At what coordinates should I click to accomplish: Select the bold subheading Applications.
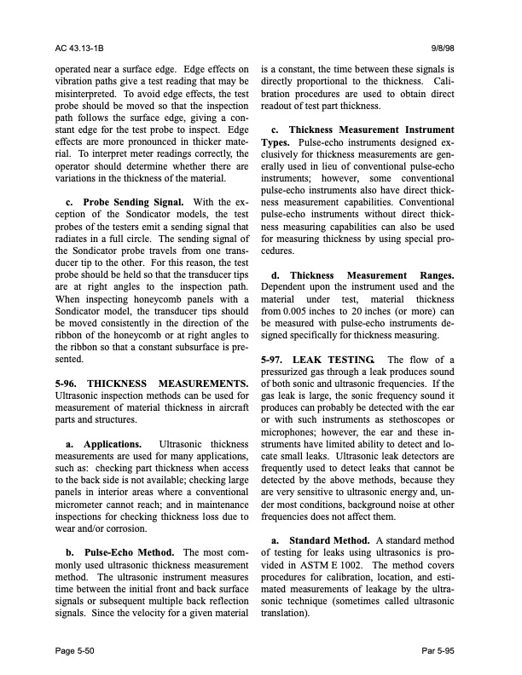click(113, 444)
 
